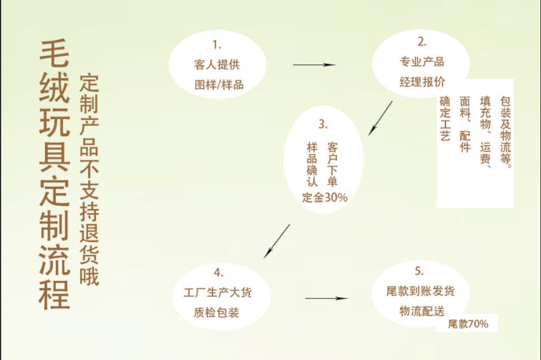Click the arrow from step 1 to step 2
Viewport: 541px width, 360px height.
tap(314, 65)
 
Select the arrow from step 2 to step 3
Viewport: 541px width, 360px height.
tap(380, 118)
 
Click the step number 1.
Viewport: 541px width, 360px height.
tap(217, 45)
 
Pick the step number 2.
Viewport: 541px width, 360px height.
tap(422, 41)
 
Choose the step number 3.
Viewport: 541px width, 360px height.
tap(323, 124)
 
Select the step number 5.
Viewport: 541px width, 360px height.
tap(419, 272)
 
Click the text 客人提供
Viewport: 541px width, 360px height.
tap(217, 64)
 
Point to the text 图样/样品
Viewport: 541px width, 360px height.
tap(218, 85)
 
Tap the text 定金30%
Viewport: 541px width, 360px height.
tap(325, 198)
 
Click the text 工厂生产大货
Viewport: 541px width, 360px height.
tap(218, 293)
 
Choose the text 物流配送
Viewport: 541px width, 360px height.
tap(422, 311)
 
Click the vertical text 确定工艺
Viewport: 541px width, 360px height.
tap(445, 118)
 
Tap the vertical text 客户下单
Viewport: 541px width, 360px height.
tap(332, 164)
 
